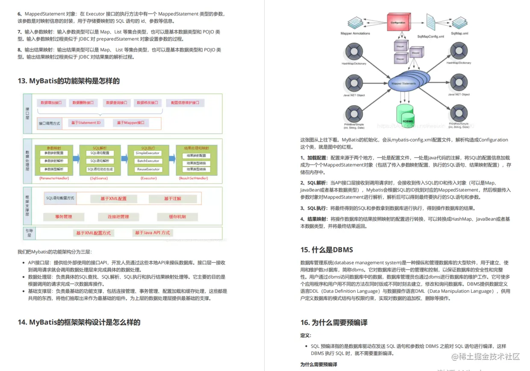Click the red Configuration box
[x=401, y=22]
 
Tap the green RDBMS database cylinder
[x=406, y=115]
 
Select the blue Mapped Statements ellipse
[x=403, y=83]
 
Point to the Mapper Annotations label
[x=355, y=33]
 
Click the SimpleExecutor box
[x=147, y=153]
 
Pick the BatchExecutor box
[x=147, y=161]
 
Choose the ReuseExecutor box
[x=147, y=169]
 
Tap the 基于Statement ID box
[x=85, y=123]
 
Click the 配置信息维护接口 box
[x=185, y=103]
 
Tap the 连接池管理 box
[x=118, y=217]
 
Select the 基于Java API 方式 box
[x=152, y=233]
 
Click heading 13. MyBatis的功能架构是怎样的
[x=68, y=81]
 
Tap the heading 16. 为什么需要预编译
[x=334, y=323]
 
